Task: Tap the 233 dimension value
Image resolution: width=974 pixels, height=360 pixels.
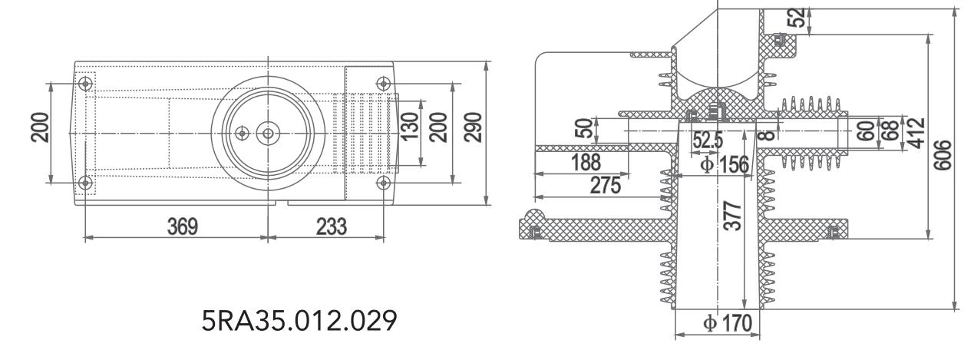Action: coord(330,226)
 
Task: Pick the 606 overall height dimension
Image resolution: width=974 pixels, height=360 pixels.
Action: coord(946,157)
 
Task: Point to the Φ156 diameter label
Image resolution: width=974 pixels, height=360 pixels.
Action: coord(719,163)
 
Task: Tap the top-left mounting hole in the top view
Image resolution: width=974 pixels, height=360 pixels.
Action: coord(86,82)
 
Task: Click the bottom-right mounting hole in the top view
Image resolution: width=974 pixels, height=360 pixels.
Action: coord(384,183)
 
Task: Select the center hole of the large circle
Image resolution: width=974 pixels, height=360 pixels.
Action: coord(268,133)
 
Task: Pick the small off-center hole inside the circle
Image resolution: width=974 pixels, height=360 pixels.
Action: coord(243,133)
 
